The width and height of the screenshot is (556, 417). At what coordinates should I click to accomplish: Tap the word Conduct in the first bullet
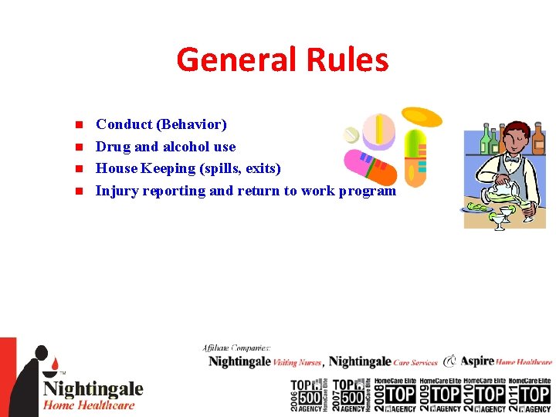pos(123,124)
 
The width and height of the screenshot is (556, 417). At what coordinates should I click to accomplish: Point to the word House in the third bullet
pos(115,168)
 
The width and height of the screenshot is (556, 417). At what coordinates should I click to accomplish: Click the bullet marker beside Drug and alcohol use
pos(78,147)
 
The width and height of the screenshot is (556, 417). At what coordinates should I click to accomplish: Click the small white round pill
pos(351,135)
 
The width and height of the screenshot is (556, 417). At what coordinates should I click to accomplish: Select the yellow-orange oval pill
pos(422,117)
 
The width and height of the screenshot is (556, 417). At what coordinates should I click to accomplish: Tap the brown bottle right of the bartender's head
pos(538,138)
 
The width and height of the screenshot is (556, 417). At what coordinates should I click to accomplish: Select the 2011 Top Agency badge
pos(528,395)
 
